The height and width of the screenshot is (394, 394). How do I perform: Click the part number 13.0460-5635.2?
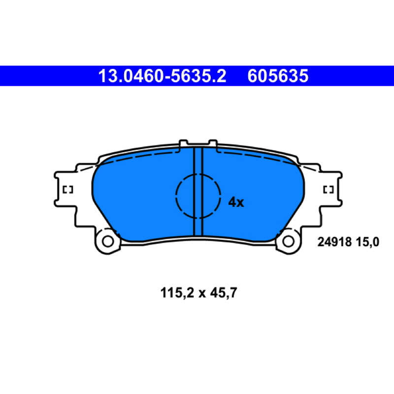point(162,76)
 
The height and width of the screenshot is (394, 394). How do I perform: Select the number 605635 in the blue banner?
point(278,76)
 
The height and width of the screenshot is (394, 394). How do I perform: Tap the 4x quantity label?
point(236,202)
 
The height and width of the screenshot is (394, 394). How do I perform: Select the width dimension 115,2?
point(177,293)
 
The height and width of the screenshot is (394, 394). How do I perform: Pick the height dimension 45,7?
point(224,293)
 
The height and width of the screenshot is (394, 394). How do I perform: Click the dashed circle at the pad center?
point(176,196)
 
